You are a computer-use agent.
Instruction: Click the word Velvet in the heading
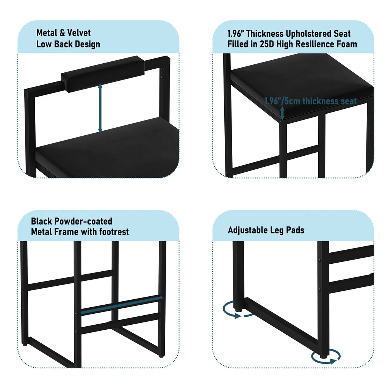[x=79, y=33]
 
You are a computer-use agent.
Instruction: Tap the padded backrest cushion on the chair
[x=103, y=74]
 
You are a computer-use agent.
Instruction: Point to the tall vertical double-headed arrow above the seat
[x=100, y=108]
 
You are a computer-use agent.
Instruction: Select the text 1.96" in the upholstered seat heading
[x=236, y=33]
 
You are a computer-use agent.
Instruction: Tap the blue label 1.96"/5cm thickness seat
[x=310, y=101]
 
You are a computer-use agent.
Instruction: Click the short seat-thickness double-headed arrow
[x=282, y=113]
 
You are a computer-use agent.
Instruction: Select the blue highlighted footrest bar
[x=122, y=305]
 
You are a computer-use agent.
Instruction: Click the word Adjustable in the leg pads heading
[x=248, y=230]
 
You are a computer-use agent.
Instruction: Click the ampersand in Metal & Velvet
[x=62, y=33]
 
